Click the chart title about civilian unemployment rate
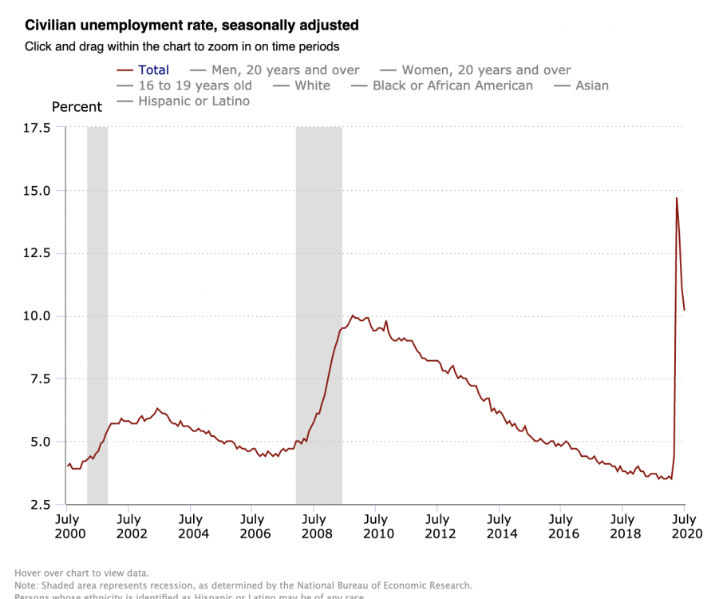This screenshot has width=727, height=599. tap(192, 26)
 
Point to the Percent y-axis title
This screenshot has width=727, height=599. tap(77, 107)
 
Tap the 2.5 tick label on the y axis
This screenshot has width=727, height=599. tap(38, 505)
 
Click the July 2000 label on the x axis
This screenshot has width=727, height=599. tap(67, 526)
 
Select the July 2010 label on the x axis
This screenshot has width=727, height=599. tap(376, 526)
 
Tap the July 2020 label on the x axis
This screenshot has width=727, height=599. tap(685, 526)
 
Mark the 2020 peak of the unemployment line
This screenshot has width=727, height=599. tap(677, 198)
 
